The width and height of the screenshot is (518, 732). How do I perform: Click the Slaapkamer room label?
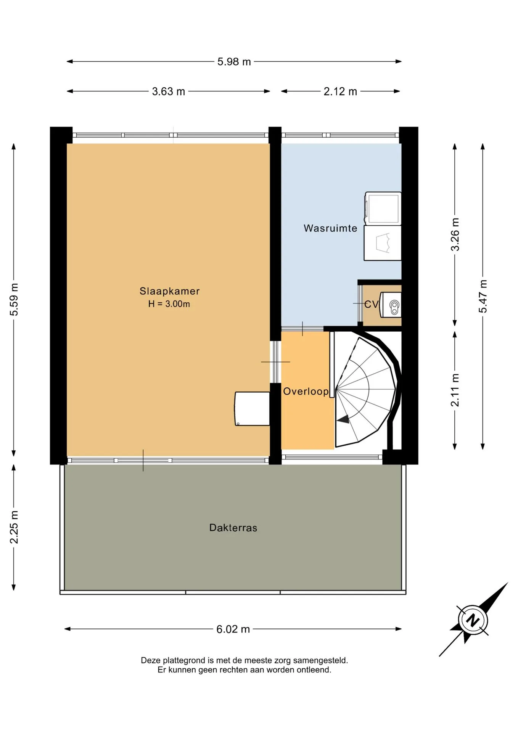[x=169, y=291]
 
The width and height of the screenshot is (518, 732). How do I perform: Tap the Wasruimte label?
[x=330, y=228]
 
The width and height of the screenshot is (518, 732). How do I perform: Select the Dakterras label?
[x=233, y=528]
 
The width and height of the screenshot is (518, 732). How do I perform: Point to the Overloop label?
[x=306, y=391]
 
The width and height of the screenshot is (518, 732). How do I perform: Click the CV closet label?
[x=371, y=304]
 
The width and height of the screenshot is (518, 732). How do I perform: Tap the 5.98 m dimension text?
[x=234, y=62]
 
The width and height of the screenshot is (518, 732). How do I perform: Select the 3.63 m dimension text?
[x=169, y=91]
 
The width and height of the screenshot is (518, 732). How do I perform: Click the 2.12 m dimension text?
[x=340, y=91]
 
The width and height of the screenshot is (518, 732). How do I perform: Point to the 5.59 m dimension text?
[x=14, y=300]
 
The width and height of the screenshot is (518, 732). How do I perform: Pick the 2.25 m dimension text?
[x=14, y=527]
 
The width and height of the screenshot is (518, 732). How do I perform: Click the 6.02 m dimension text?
[x=233, y=629]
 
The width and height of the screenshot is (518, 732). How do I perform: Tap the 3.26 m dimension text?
[x=455, y=234]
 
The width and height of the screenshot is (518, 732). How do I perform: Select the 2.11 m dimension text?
[x=455, y=390]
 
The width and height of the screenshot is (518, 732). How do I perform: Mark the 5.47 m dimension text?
[x=483, y=296]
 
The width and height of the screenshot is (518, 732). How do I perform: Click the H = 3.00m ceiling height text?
[x=169, y=304]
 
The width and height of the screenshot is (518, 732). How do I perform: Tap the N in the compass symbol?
[x=473, y=620]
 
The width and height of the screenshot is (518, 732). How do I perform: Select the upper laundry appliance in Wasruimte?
[x=383, y=208]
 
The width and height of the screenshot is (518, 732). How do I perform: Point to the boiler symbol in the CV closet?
[x=394, y=307]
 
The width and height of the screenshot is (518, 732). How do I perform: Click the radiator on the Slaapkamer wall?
[x=252, y=409]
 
